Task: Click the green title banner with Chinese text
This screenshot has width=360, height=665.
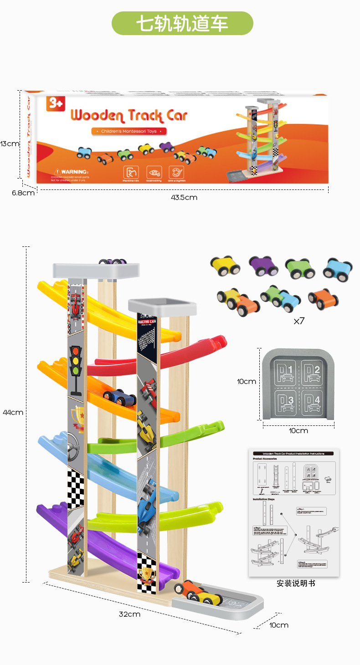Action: (182, 24)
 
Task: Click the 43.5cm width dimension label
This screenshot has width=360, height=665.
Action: (184, 197)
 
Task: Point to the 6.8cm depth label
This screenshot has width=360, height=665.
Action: (23, 192)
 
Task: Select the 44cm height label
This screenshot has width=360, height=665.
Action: (12, 412)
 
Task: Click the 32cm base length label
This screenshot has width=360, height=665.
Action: (130, 614)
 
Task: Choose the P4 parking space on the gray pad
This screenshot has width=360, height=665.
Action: (314, 399)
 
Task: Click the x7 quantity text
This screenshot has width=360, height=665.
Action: (299, 321)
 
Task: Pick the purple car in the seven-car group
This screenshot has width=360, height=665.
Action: (263, 266)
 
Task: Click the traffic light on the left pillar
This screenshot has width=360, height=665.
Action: (76, 370)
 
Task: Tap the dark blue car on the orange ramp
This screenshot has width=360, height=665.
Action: (120, 398)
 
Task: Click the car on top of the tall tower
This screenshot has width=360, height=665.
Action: (113, 261)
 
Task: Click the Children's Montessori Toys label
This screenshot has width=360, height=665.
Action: (129, 131)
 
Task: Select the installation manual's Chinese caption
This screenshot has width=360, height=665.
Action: (296, 583)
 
